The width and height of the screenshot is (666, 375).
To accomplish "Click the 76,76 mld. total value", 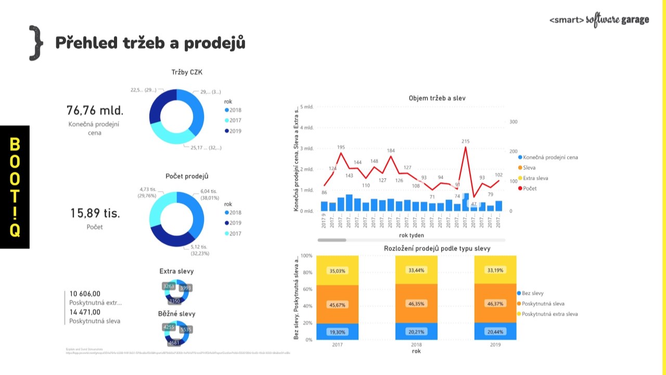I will pos(95,110).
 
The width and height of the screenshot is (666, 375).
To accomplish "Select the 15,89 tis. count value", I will pos(95,213).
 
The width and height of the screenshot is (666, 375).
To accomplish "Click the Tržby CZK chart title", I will pos(190,72).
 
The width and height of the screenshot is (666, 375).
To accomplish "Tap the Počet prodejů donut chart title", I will pos(190,177).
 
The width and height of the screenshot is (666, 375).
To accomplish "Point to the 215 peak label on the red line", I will pos(465,141).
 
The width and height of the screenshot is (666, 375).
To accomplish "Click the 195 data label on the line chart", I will pos(341,147).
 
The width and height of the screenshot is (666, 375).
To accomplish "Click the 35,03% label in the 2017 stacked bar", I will pos(337,271).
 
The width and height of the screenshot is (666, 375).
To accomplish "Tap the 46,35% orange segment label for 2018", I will pos(416,303).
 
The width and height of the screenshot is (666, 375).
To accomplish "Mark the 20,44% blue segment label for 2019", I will pos(495,332).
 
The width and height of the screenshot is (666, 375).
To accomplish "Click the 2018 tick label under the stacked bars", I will pos(416,345).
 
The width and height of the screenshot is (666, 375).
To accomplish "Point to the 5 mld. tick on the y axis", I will pos(306,106).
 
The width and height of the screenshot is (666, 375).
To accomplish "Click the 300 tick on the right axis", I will pos(513,122).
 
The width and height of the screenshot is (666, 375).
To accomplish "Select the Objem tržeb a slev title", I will pos(437,98).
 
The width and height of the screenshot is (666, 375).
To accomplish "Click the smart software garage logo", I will pos(599,20).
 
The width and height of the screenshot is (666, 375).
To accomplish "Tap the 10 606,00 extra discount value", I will pos(85,294).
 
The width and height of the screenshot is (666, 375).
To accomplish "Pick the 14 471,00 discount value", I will pos(85,312).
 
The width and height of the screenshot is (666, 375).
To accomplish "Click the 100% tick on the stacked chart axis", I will pos(306,256).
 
